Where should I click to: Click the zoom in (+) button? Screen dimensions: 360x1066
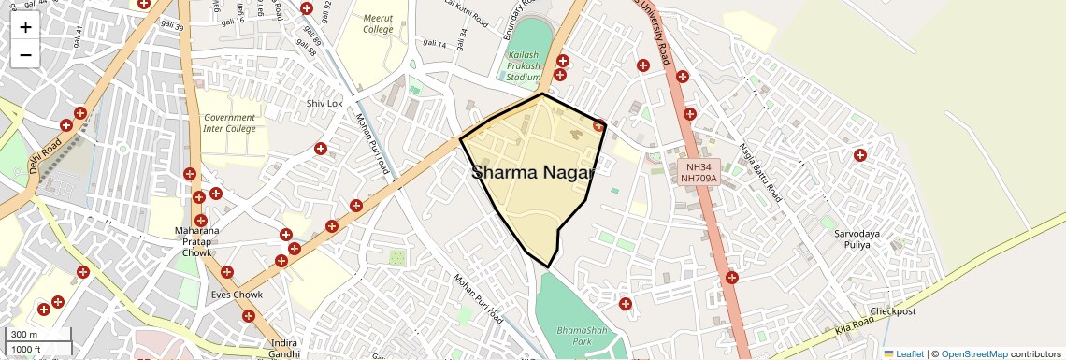click(x=25, y=27)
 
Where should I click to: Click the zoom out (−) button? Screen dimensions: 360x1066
click(x=25, y=55)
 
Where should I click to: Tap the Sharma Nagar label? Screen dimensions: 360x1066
click(x=533, y=172)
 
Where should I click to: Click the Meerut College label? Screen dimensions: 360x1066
click(x=378, y=22)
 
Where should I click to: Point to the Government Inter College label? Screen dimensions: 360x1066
click(x=229, y=122)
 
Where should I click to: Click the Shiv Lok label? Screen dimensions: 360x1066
click(x=324, y=103)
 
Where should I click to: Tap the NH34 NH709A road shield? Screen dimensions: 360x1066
click(x=699, y=172)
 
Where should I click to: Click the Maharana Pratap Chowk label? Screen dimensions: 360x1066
click(x=197, y=241)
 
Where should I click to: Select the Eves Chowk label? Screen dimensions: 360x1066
click(x=237, y=295)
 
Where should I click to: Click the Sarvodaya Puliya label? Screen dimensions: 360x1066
click(x=845, y=238)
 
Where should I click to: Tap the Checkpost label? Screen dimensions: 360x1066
click(x=893, y=311)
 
